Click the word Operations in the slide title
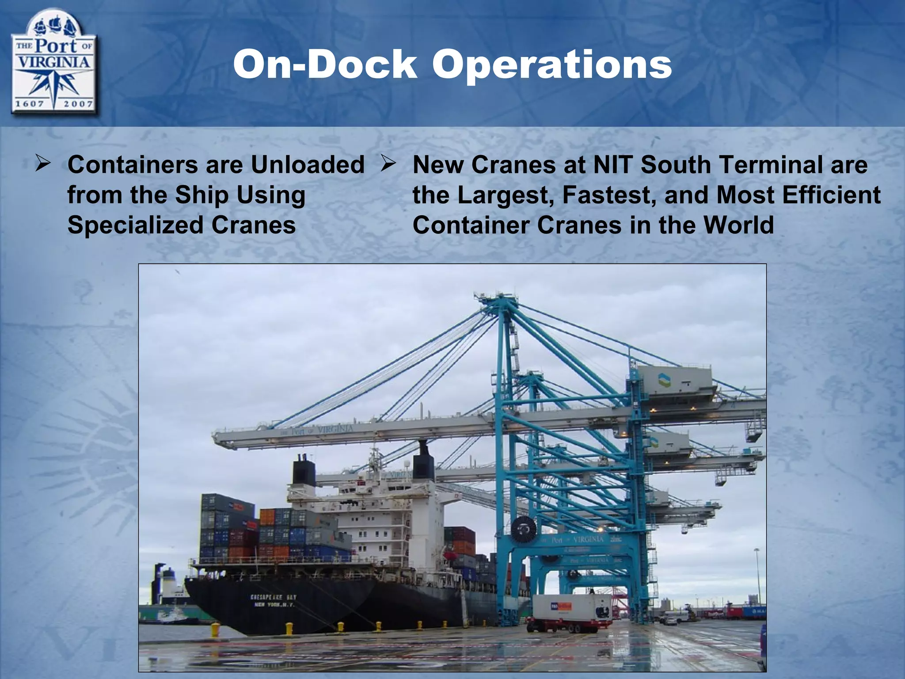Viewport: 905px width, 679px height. [x=552, y=65]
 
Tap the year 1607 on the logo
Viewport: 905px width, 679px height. [x=30, y=104]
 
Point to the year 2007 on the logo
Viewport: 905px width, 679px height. [x=78, y=104]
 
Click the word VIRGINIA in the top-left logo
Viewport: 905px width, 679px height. [x=53, y=62]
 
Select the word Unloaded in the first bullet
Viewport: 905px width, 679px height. [x=308, y=165]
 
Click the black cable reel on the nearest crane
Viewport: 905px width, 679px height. [x=523, y=529]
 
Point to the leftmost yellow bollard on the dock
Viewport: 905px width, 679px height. [x=215, y=629]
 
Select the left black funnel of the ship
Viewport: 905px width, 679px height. [x=304, y=472]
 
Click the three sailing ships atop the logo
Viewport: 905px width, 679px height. [x=53, y=27]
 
